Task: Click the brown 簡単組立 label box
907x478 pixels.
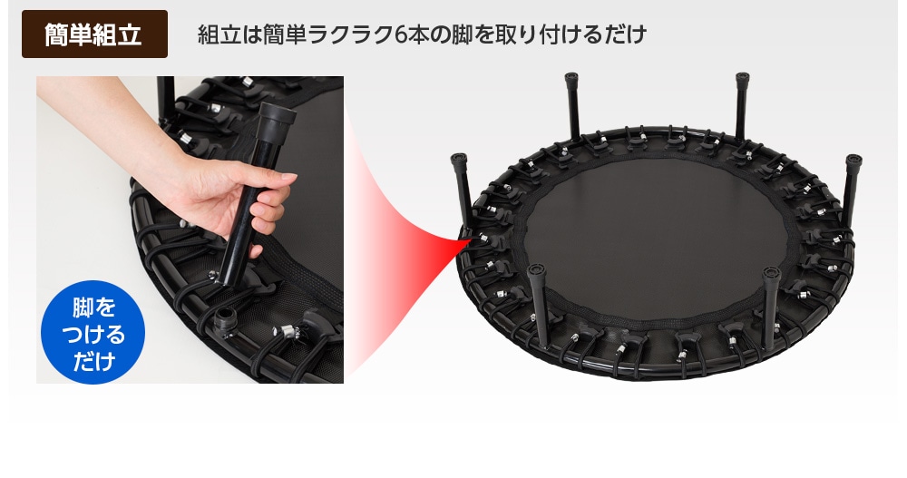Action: [x=94, y=34]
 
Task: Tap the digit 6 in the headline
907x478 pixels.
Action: [x=401, y=35]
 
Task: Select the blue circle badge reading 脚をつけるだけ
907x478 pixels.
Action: [x=93, y=332]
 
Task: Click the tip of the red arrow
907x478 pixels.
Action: [x=470, y=239]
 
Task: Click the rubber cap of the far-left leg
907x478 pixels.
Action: [x=459, y=162]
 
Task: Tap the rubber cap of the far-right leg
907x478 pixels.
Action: [x=853, y=162]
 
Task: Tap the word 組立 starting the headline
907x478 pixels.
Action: [x=218, y=35]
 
